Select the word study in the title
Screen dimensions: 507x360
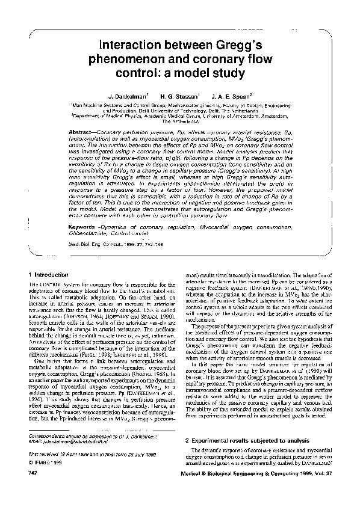(225, 74)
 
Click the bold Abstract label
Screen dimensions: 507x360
(83, 131)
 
